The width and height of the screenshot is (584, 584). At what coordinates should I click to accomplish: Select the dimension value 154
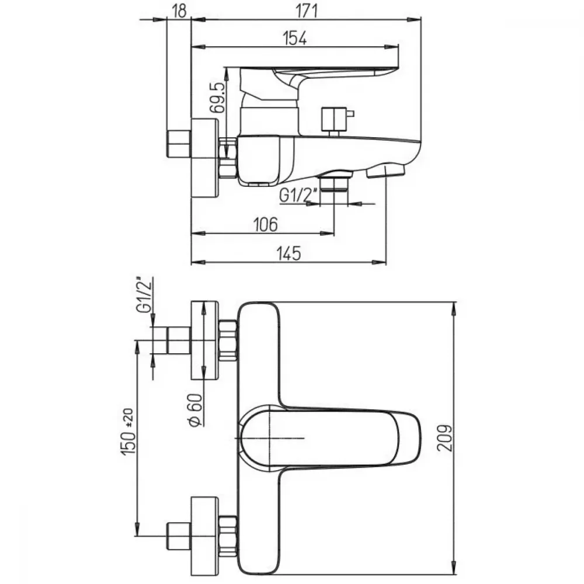295,38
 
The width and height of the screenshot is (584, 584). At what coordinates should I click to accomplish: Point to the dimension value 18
179,11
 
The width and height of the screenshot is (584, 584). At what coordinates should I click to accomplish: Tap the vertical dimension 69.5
218,97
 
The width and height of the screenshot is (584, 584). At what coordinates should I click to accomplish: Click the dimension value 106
266,225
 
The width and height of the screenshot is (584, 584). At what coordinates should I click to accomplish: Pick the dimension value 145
288,253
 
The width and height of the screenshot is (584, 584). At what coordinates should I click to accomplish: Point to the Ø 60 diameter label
196,410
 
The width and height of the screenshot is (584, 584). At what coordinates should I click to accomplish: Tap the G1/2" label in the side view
298,195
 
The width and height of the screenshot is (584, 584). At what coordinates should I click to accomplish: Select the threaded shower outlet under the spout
334,182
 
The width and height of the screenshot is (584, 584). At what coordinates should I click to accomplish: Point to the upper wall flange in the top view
204,340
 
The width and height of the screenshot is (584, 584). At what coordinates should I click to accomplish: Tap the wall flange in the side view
204,158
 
